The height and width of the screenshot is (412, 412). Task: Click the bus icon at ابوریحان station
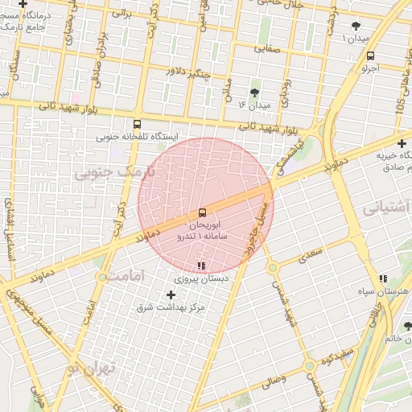201,213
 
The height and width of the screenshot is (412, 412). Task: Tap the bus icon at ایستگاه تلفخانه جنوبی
137,124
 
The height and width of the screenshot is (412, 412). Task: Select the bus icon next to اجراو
370,56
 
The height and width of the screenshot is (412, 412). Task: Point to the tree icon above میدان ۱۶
255,93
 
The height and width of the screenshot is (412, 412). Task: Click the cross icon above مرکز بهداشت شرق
171,295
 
